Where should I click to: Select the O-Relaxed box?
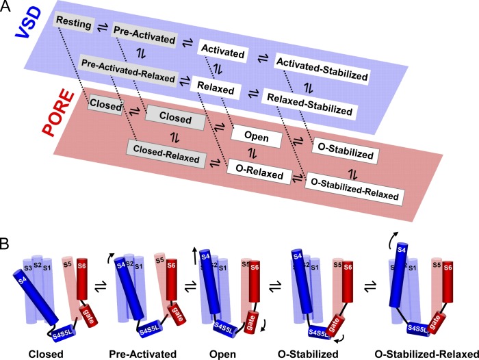tap(259, 175)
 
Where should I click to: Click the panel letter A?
tap(6, 6)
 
